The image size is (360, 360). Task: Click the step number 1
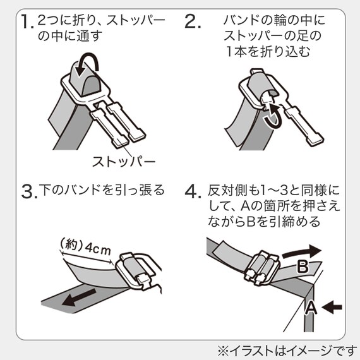pyautogui.click(x=27, y=21)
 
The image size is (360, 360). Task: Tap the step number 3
pyautogui.click(x=29, y=192)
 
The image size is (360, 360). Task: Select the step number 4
pyautogui.click(x=193, y=191)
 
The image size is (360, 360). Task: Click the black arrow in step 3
pyautogui.click(x=78, y=297)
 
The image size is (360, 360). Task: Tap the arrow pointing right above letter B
pyautogui.click(x=301, y=251)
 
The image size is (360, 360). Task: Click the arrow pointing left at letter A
pyautogui.click(x=332, y=307)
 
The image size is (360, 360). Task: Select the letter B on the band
pyautogui.click(x=303, y=267)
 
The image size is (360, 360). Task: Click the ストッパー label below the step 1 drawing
pyautogui.click(x=124, y=162)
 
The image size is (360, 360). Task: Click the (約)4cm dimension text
pyautogui.click(x=85, y=247)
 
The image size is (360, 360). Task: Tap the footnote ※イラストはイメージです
pyautogui.click(x=287, y=351)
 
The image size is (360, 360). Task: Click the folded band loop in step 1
pyautogui.click(x=85, y=78)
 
